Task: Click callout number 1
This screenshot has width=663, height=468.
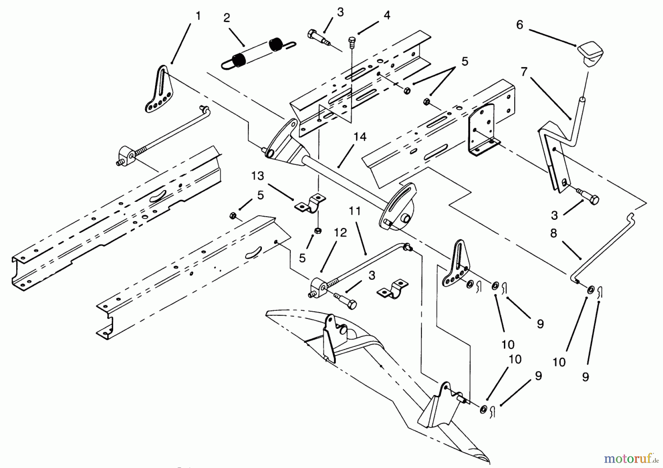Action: coord(198,16)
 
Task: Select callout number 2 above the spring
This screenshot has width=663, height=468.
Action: coord(227,18)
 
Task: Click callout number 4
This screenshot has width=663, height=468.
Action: coord(386,15)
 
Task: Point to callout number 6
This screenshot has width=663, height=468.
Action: coord(519,25)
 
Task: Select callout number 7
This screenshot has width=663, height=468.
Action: coord(524,72)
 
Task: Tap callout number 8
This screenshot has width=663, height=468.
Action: coord(554,233)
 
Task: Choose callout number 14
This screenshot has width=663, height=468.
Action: coord(360,137)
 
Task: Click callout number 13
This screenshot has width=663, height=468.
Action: coord(258,176)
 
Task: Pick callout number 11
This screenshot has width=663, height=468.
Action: coord(354,211)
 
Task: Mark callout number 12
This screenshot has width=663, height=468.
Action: coord(340,233)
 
